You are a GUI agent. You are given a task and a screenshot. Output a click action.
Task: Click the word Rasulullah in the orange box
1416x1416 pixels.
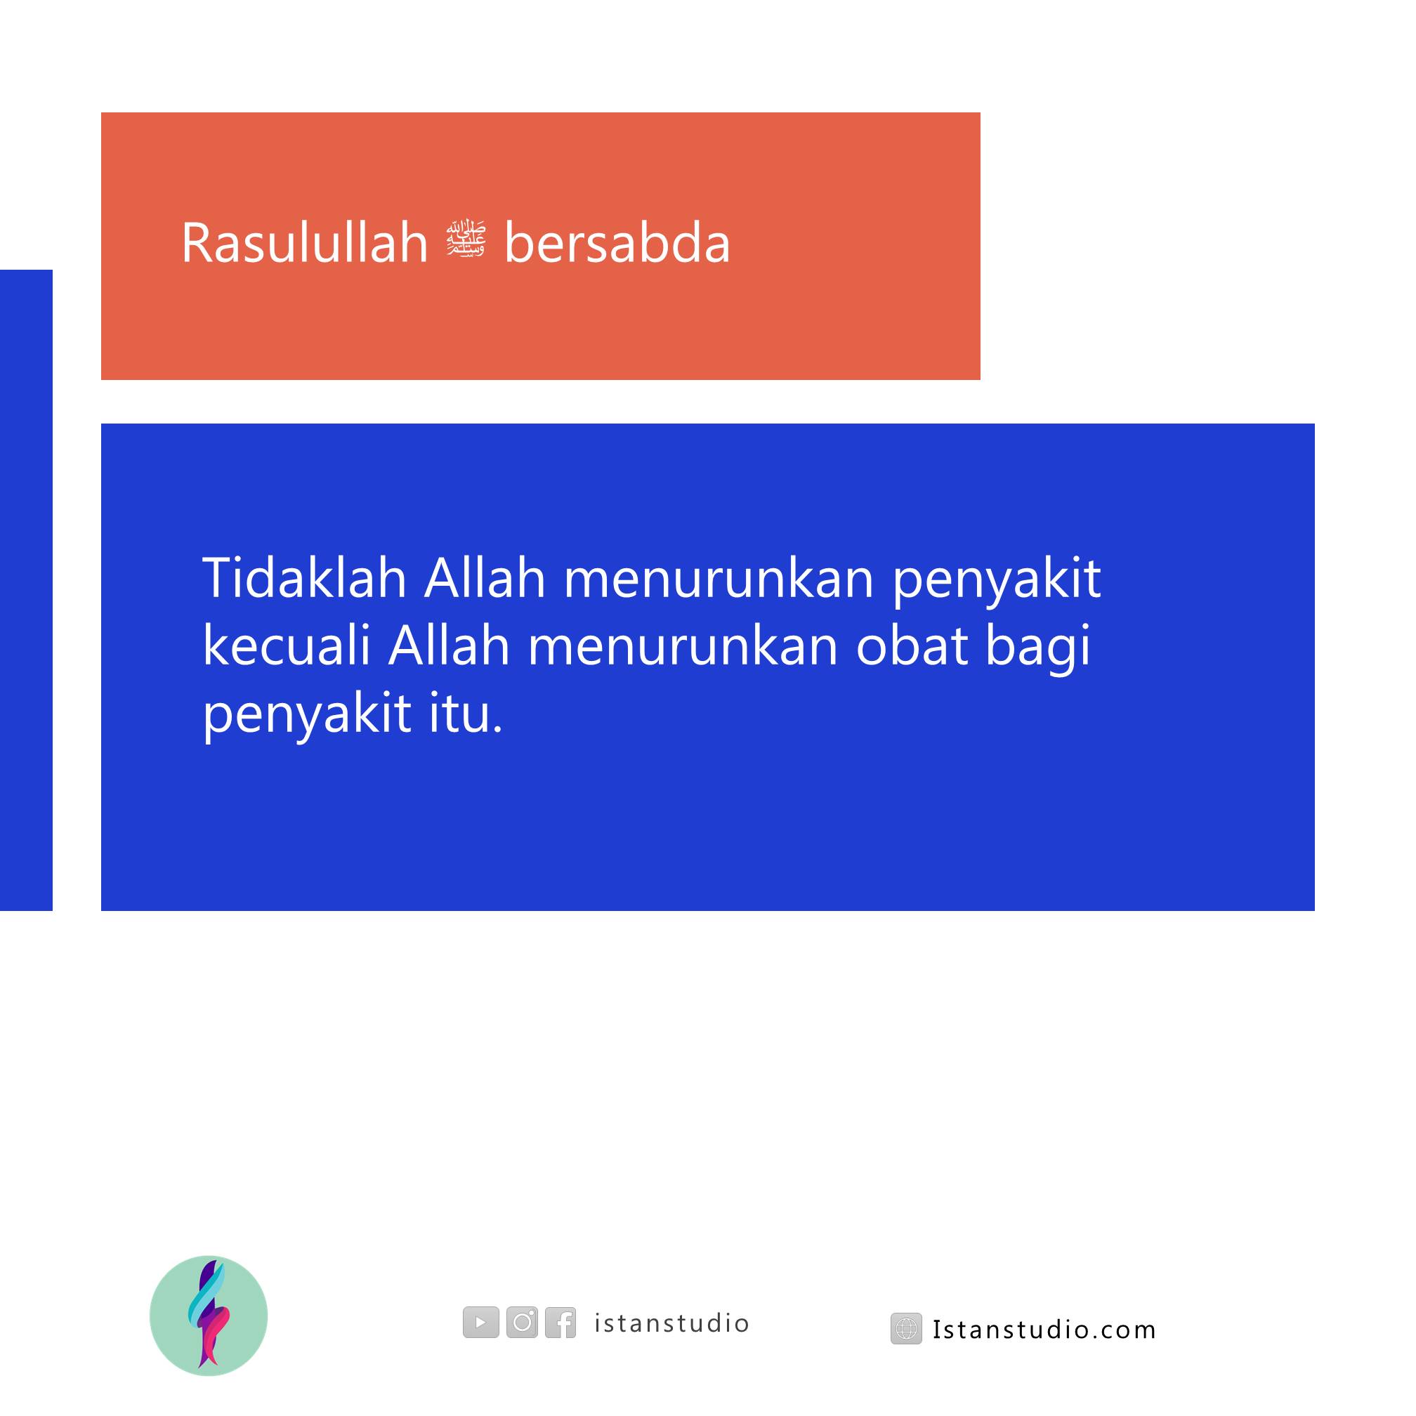tap(305, 242)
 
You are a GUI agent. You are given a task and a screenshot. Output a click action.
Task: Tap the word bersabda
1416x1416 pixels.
tap(617, 242)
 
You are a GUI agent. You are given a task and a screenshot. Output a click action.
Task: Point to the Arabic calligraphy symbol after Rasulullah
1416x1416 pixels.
tap(466, 239)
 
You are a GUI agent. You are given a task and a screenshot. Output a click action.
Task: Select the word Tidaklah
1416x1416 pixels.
tap(304, 577)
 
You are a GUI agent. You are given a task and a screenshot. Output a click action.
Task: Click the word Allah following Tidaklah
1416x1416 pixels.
tap(485, 577)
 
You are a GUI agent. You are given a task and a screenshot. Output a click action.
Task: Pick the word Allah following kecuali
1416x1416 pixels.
tap(450, 645)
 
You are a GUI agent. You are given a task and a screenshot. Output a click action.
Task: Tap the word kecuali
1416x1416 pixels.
tap(287, 645)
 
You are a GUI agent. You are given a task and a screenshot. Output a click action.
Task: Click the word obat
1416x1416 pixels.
tap(912, 646)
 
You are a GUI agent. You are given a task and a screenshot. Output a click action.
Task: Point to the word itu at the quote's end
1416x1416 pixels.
tap(466, 714)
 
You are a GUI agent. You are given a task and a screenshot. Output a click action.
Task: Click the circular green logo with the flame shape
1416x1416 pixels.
tap(209, 1316)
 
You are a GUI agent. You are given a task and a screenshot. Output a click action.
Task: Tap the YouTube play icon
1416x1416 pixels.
tap(481, 1322)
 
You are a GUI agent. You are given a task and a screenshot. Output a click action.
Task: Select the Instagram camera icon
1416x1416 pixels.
tap(522, 1322)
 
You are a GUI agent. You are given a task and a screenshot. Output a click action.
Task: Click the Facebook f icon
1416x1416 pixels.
tap(560, 1322)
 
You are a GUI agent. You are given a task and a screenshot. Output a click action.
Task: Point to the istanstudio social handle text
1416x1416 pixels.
tap(672, 1323)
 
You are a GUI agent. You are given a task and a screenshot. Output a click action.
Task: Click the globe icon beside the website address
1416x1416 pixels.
tap(907, 1329)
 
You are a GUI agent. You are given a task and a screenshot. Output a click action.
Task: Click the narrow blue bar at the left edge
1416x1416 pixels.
tap(27, 590)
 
